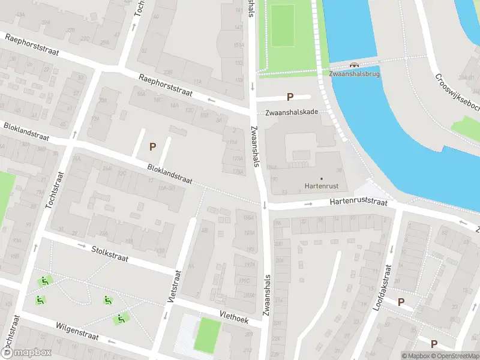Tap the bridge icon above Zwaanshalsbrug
click(x=354, y=65)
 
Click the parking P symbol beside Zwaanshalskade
click(x=290, y=97)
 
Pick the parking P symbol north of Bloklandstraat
click(x=152, y=146)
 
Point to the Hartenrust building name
click(x=321, y=186)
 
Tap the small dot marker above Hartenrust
click(x=321, y=178)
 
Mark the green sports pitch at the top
click(x=283, y=25)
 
